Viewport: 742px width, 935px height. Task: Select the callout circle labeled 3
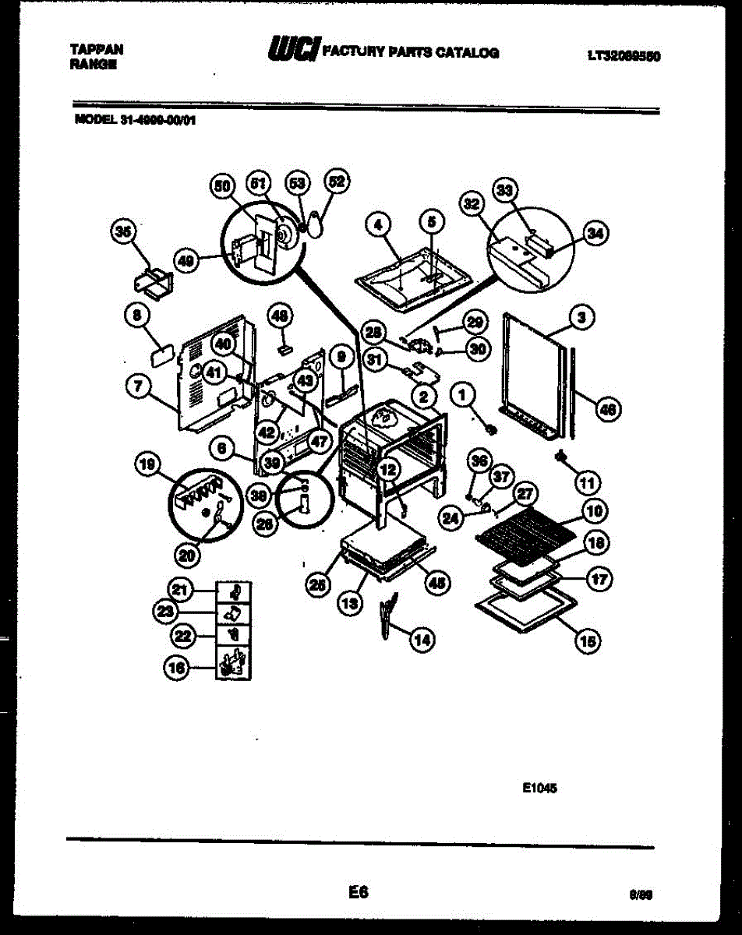tap(581, 317)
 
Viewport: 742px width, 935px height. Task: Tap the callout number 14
tap(422, 640)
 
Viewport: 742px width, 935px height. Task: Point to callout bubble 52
tap(337, 182)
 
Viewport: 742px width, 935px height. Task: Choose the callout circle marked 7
tap(139, 384)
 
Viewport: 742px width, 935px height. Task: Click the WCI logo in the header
tap(292, 51)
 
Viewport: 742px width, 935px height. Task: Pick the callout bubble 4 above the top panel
tap(378, 224)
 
